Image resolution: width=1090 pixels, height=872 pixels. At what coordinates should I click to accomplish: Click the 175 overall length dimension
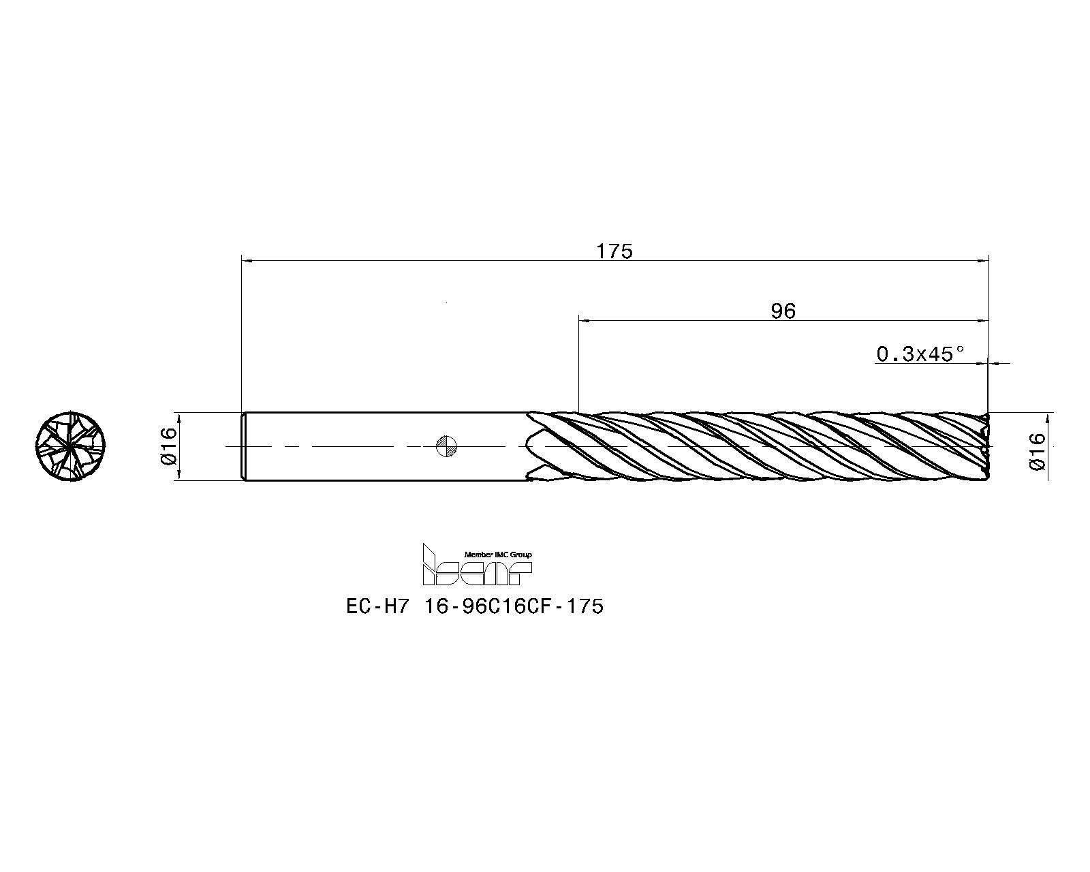point(614,251)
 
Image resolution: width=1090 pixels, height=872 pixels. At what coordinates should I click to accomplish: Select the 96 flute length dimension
point(783,311)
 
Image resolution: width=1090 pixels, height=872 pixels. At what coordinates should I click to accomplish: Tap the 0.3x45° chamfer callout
point(920,354)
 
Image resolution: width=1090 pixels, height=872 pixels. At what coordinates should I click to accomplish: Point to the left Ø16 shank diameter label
point(168,446)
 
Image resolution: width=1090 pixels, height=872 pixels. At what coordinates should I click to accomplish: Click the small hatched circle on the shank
point(446,446)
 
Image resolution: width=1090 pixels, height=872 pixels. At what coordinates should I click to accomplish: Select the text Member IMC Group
point(497,555)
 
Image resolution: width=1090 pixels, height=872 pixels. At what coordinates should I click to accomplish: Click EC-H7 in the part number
point(376,606)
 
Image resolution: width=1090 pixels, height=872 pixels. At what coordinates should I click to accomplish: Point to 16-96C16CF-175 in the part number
point(514,606)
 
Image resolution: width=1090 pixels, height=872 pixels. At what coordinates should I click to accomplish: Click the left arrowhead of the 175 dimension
point(247,260)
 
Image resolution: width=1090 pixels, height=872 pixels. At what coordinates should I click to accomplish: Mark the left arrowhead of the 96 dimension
point(583,320)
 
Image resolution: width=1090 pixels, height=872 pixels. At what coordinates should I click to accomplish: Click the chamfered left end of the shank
point(245,446)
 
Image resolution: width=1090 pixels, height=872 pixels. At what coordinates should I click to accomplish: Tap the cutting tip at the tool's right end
point(986,446)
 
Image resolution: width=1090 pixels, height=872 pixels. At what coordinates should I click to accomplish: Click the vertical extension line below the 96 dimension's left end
point(578,368)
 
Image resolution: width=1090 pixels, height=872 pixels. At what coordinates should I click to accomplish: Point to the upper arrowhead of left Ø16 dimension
point(178,416)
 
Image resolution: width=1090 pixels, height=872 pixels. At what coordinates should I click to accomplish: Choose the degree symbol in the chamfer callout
point(961,348)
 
